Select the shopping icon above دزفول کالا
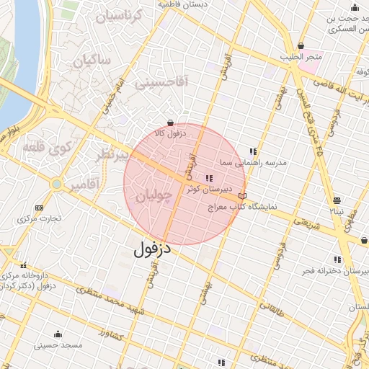point(169,123)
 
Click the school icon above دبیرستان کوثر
point(210,179)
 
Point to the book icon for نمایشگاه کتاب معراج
point(242,195)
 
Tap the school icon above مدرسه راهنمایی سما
point(253,152)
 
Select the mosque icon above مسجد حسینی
point(58,334)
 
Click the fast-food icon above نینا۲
point(337,201)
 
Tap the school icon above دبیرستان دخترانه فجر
point(337,259)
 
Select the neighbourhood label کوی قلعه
point(47,147)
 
